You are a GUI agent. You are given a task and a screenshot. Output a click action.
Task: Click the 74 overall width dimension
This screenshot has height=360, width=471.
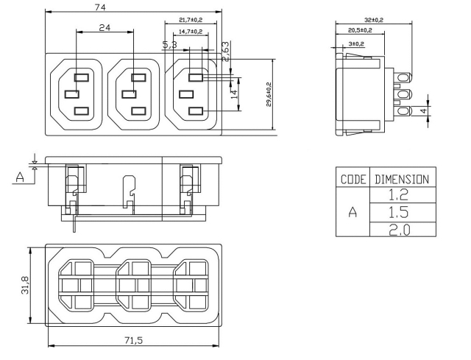(134, 7)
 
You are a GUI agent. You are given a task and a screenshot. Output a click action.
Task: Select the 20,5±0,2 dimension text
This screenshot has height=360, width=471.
(359, 30)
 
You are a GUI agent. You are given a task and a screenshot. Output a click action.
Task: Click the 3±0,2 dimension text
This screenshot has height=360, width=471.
(356, 43)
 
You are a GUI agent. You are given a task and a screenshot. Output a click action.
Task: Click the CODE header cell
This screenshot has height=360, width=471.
(353, 178)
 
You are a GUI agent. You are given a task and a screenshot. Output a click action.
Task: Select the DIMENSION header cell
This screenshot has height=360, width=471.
(402, 178)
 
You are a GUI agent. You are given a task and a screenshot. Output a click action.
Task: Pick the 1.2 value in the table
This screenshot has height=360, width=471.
(402, 195)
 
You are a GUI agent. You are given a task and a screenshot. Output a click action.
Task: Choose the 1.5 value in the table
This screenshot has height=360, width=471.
(402, 212)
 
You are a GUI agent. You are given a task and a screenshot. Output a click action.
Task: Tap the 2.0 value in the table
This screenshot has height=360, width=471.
(402, 229)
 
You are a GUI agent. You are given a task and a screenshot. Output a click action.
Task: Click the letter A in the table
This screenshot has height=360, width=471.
(353, 212)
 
